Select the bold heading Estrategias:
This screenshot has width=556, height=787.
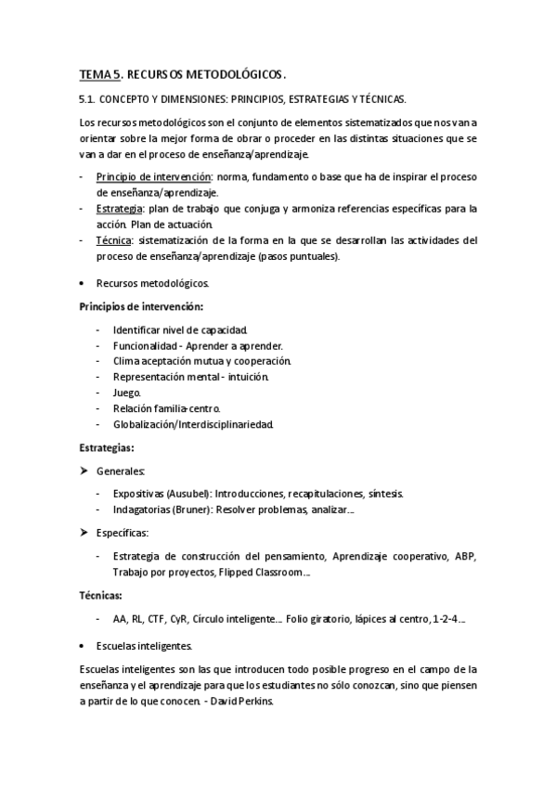[x=106, y=447]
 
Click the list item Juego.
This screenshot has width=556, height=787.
[x=127, y=393]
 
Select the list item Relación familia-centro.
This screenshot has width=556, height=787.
[x=166, y=408]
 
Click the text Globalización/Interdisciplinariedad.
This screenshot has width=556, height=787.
[x=192, y=424]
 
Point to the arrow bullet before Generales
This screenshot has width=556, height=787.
[x=84, y=471]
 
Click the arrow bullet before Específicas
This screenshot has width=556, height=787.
[x=84, y=533]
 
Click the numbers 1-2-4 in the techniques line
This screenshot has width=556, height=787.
[x=446, y=619]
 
